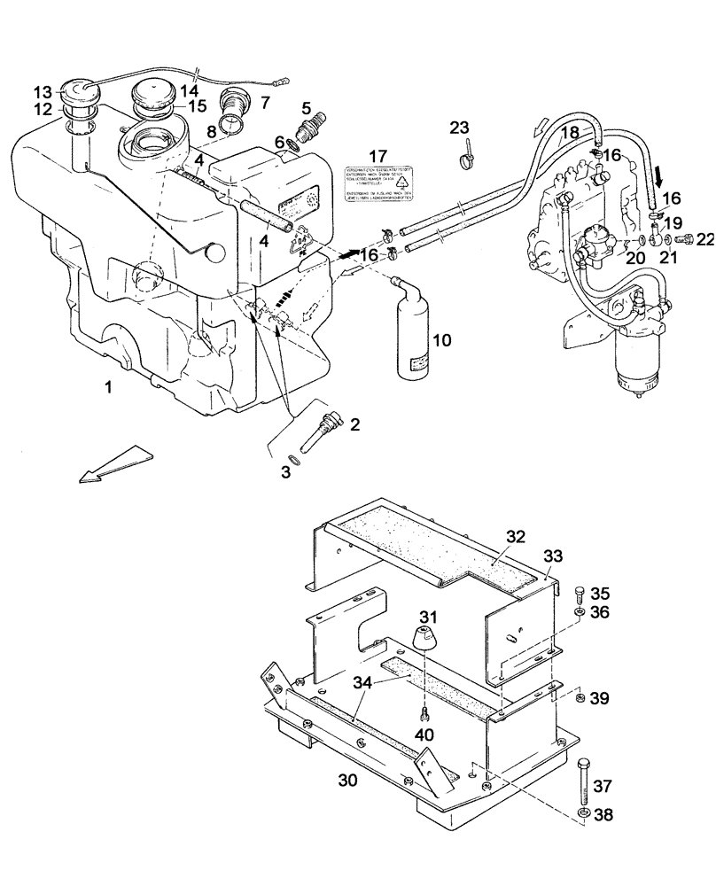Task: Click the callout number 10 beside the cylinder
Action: [x=441, y=340]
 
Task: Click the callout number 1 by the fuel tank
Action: [x=108, y=387]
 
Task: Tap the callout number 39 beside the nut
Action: [x=600, y=699]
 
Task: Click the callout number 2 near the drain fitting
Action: [x=354, y=425]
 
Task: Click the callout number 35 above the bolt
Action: [x=601, y=593]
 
